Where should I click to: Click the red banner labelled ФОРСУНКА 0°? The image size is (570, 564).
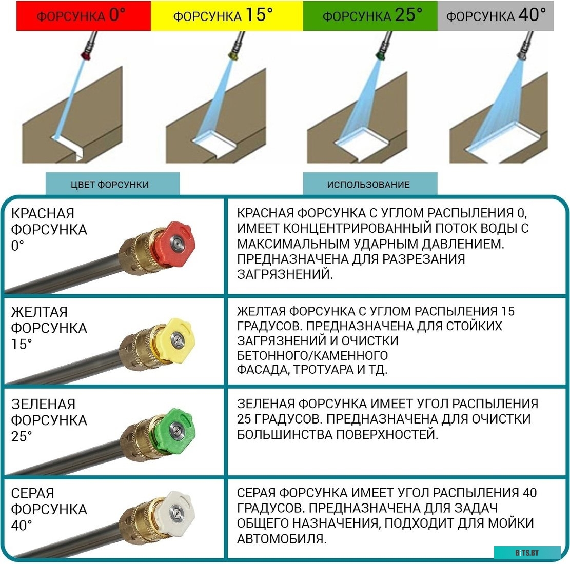(x=84, y=15)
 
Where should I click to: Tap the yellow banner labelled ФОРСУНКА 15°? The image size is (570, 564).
(x=227, y=15)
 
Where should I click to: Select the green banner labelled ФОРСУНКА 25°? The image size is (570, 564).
(x=370, y=15)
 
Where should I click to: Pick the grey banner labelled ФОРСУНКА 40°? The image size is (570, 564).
(x=496, y=15)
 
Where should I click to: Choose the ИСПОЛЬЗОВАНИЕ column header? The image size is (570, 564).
(x=370, y=184)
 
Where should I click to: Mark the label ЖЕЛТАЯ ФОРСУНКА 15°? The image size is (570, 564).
(x=49, y=328)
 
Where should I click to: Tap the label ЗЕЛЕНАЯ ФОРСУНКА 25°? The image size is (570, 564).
(x=49, y=420)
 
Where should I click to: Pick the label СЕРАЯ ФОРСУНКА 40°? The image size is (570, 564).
(x=49, y=509)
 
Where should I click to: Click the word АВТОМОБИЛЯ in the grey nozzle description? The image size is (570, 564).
(x=281, y=539)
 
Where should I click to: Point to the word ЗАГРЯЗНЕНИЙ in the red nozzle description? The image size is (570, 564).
(x=285, y=274)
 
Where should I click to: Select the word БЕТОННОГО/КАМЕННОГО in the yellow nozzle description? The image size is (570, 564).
(x=312, y=355)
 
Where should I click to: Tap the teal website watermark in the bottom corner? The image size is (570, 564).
(x=527, y=553)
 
